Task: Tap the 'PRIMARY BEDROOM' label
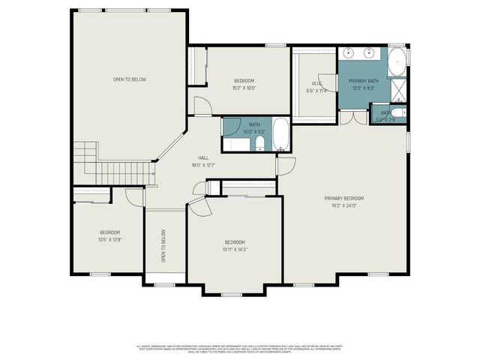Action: [344, 198]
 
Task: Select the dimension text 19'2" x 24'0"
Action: [344, 205]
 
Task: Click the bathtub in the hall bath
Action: [280, 134]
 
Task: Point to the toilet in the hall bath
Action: [259, 142]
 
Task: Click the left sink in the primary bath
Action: [349, 53]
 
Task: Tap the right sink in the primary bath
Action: [370, 53]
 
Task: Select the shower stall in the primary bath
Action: [399, 91]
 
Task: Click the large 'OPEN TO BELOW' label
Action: [129, 79]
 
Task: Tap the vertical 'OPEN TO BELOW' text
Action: [163, 245]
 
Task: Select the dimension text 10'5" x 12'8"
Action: [109, 239]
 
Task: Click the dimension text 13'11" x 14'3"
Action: [235, 249]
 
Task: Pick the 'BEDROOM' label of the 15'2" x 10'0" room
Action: [244, 80]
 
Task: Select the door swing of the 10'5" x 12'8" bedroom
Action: [134, 196]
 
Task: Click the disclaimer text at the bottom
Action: [240, 348]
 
